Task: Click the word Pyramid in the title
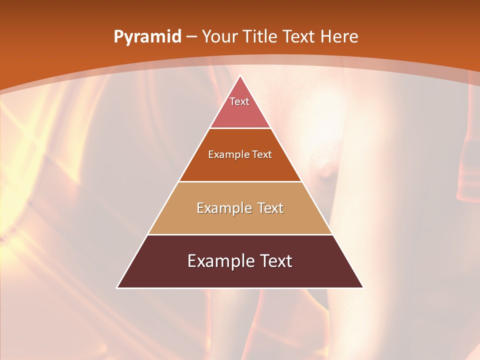pos(147,37)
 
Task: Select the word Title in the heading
pos(261,37)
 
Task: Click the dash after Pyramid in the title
pos(191,37)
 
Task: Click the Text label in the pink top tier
pos(239,101)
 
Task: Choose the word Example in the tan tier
pos(222,208)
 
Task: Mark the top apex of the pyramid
pos(240,76)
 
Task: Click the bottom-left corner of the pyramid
pos(117,287)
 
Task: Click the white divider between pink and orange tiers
pos(240,128)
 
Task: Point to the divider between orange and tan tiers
pos(240,181)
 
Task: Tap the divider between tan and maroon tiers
pos(240,234)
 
